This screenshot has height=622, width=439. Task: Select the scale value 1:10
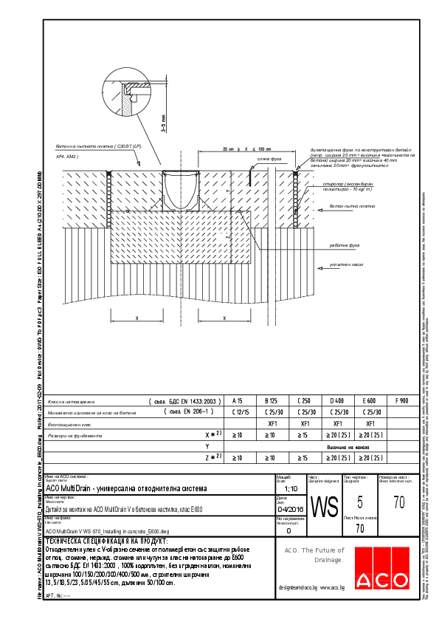click(287, 489)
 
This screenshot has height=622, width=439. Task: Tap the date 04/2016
click(288, 508)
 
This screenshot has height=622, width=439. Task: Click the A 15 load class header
click(238, 400)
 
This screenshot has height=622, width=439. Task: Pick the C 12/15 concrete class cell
click(238, 412)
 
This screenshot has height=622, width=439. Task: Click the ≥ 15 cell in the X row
click(303, 436)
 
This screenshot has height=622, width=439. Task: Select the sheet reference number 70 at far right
click(399, 503)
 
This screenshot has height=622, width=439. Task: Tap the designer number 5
click(359, 503)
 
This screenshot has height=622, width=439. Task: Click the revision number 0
click(288, 530)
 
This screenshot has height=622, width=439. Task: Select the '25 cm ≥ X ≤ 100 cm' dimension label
click(247, 149)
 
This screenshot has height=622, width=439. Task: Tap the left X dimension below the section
click(137, 318)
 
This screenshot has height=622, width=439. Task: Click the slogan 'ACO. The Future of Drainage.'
click(315, 555)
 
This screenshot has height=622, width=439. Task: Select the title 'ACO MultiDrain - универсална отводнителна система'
click(127, 489)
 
